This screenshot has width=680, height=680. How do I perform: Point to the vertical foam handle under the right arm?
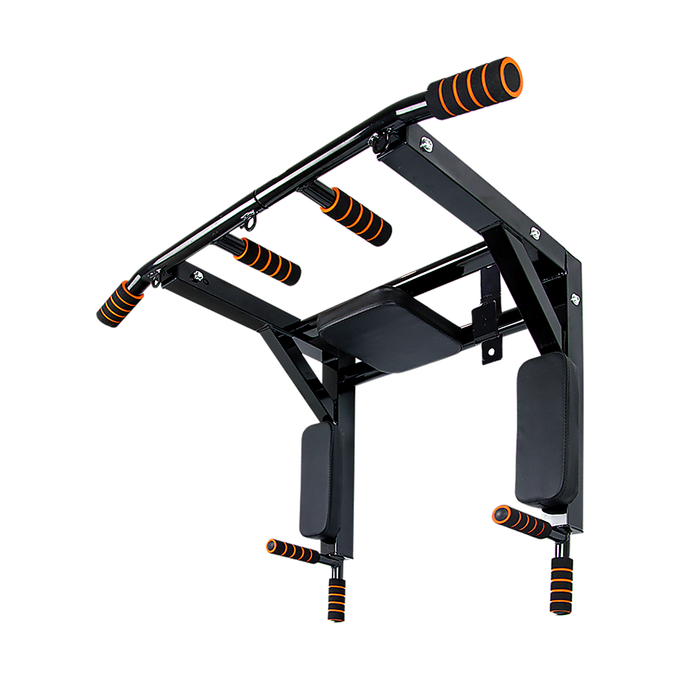pos(560,585)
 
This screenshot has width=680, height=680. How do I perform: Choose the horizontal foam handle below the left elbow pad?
pos(291,551)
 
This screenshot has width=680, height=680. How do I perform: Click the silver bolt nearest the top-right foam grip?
pos(426,143)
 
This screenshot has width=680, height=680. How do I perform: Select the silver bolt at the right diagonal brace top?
pos(535,233)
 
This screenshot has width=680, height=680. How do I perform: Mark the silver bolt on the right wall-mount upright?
pos(575,297)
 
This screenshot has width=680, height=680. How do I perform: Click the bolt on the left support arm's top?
pos(198,275)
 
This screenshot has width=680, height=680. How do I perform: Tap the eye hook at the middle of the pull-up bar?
pos(250,221)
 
